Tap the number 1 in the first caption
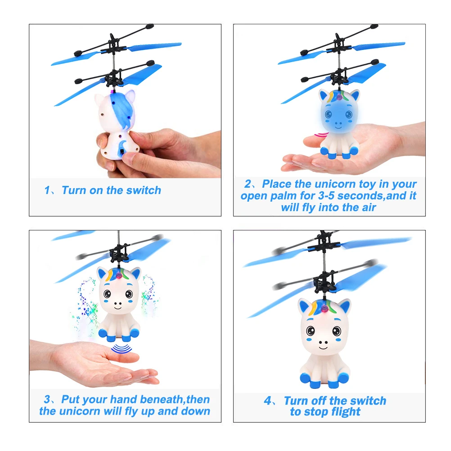pos(47,190)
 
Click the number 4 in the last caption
pos(267,401)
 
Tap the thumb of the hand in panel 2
pos(315,142)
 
